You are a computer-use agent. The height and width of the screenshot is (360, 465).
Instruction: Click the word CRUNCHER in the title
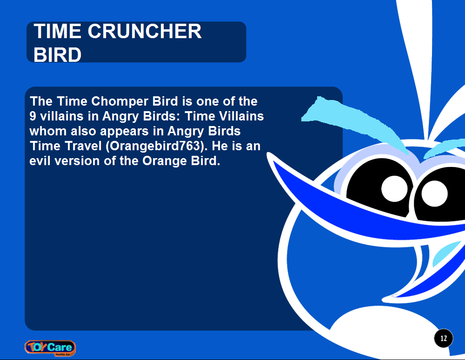coord(145,32)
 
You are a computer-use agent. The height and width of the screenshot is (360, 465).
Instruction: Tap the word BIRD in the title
coord(58,55)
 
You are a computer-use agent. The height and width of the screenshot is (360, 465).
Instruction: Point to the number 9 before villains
coord(33,116)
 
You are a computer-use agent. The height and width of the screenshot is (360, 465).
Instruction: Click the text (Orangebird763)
coord(156,146)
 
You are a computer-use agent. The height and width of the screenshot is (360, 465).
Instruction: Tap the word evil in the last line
coord(41,161)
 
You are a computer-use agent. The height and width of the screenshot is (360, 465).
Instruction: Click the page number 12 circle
coord(444,338)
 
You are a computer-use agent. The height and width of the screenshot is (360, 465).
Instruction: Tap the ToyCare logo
coord(50,347)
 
